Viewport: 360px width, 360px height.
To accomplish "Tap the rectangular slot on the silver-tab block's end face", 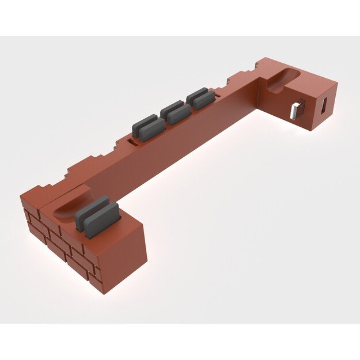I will coord(324,106).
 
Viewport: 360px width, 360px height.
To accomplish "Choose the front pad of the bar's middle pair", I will coord(179,115).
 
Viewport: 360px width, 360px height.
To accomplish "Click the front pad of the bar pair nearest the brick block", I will coord(151,130).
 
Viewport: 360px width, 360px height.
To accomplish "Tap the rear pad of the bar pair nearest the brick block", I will coord(143,123).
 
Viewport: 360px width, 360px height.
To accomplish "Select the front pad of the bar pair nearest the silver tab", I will coord(204,100).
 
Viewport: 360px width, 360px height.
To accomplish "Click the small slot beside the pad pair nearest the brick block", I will coord(132,140).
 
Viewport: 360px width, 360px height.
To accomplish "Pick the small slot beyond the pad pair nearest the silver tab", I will coord(219,90).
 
